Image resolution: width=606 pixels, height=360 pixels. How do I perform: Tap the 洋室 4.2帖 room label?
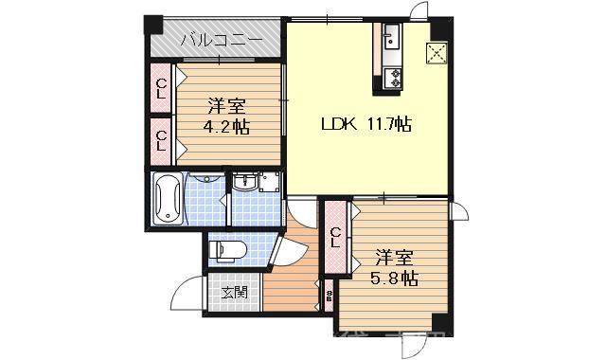click(x=226, y=115)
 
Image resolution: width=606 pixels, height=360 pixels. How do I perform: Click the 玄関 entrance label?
click(x=235, y=292)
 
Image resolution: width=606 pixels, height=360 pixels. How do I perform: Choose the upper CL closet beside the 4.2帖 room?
click(x=161, y=88)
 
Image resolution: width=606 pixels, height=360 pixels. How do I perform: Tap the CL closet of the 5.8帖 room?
click(x=336, y=237)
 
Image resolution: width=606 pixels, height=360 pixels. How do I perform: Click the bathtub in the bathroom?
click(x=168, y=199)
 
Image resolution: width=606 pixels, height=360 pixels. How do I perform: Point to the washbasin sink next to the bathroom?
click(x=245, y=184)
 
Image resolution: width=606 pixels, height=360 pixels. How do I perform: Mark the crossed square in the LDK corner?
click(x=437, y=53)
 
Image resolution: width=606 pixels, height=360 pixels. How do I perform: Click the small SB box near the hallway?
click(x=329, y=296)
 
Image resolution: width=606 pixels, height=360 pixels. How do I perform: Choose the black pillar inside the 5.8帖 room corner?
click(x=437, y=322)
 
